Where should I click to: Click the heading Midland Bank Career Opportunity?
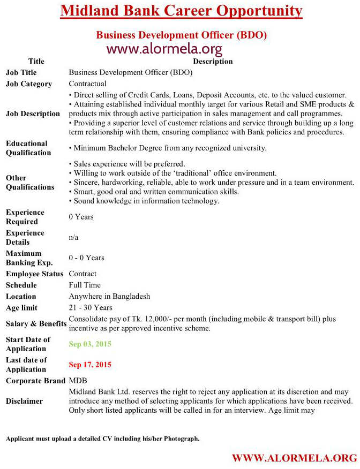tap(181, 11)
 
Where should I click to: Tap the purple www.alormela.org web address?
tap(164, 50)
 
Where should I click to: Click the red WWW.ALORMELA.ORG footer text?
tap(294, 458)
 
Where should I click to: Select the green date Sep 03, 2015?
tap(90, 344)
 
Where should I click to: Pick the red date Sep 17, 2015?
tap(90, 365)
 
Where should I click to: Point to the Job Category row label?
tap(29, 84)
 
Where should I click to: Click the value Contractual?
tap(88, 84)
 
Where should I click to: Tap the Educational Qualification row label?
tap(27, 148)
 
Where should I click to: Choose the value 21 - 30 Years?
tap(91, 307)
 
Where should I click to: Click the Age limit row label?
tap(21, 308)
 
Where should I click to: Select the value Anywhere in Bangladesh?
tap(109, 296)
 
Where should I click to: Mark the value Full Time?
tap(85, 285)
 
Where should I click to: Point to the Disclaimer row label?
tap(24, 401)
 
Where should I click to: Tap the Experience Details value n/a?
tap(74, 237)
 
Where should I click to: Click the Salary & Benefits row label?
tap(33, 324)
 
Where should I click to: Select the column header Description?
tap(213, 61)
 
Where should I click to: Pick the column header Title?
tap(36, 61)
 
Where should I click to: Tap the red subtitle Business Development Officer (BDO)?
tap(181, 35)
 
